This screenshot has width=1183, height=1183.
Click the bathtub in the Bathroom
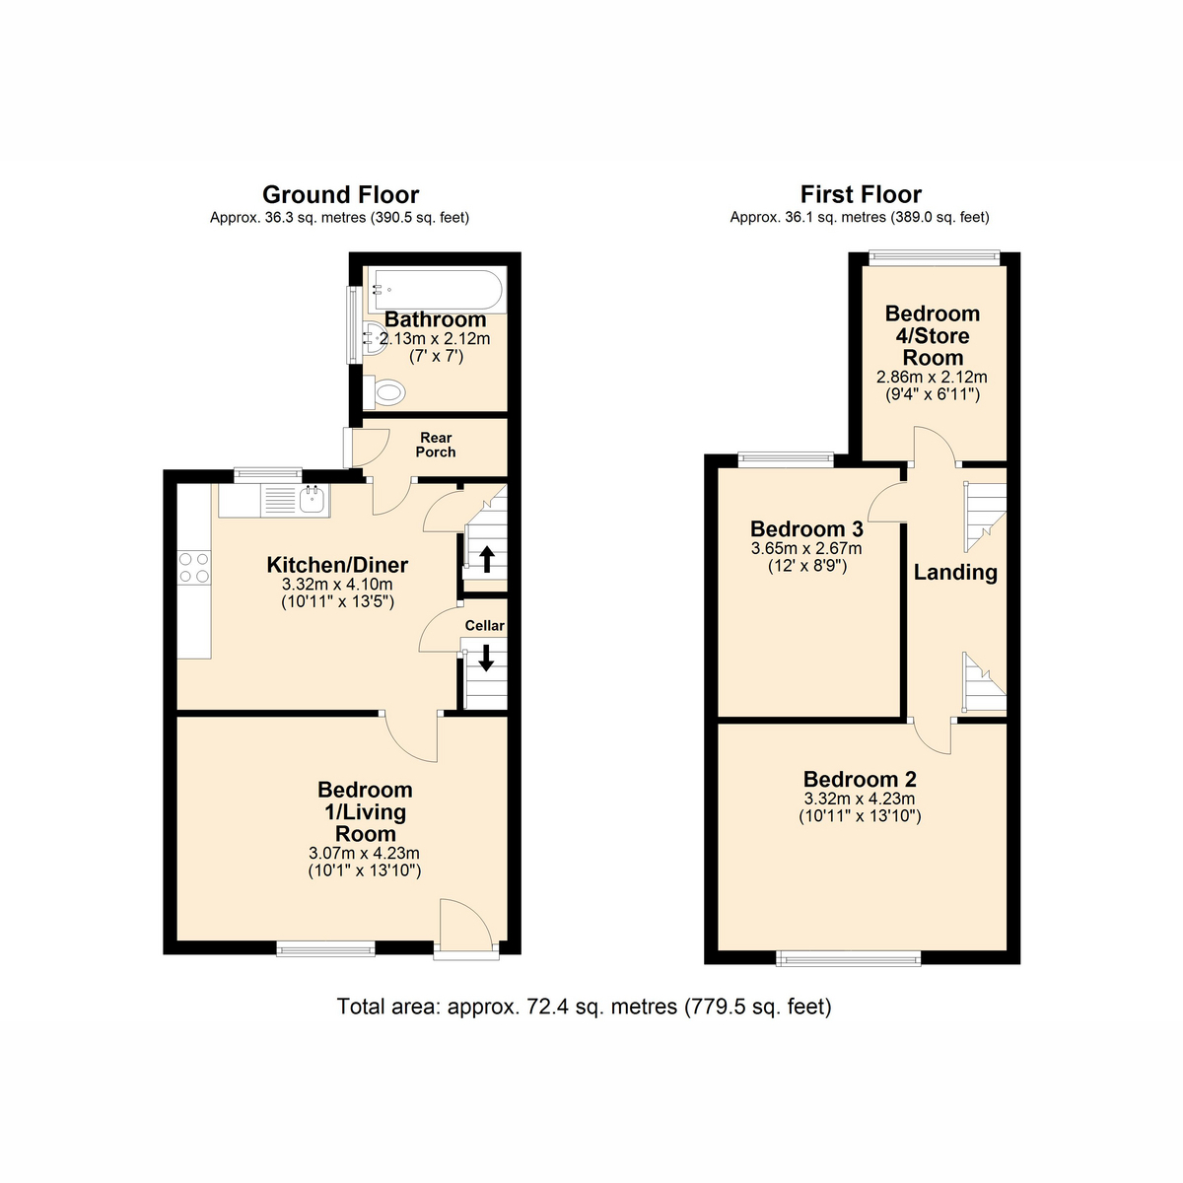tap(435, 290)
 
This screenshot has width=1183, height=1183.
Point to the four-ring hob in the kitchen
tap(193, 568)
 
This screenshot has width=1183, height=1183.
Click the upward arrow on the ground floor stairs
tap(486, 559)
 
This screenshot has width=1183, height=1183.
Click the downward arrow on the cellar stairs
tap(485, 657)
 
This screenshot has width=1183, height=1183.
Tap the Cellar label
tap(484, 625)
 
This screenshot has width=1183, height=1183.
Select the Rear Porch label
tap(436, 445)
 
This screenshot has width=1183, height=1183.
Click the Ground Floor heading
tap(340, 194)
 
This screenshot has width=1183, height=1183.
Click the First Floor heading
tap(861, 194)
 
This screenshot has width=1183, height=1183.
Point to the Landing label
tap(954, 572)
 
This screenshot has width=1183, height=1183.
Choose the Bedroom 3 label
tap(806, 529)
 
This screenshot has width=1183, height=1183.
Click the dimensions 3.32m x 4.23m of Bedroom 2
tap(859, 799)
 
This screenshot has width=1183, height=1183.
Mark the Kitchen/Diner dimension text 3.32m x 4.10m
tap(337, 585)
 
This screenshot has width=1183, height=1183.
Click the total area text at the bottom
tap(584, 1007)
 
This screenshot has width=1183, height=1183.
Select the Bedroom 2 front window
tap(849, 957)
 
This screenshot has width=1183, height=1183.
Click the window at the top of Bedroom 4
tap(934, 258)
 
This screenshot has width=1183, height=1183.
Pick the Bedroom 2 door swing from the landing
tap(932, 736)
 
